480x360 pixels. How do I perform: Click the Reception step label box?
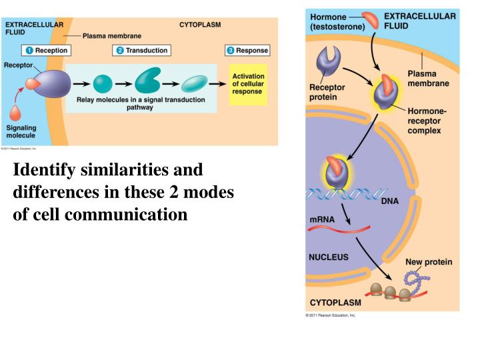coord(46,51)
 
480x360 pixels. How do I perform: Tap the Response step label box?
coord(247,51)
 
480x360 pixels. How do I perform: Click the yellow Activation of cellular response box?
coord(248,85)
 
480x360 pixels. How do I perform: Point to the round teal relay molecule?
coord(102,84)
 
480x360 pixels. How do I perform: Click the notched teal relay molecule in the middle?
coord(147,82)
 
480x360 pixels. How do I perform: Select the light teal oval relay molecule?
coord(195,84)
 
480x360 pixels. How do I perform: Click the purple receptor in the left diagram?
coord(49,84)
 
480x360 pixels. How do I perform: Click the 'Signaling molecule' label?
coord(21,131)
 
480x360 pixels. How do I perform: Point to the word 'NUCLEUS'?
coord(328,257)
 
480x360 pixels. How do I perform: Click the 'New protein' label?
coord(428,262)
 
